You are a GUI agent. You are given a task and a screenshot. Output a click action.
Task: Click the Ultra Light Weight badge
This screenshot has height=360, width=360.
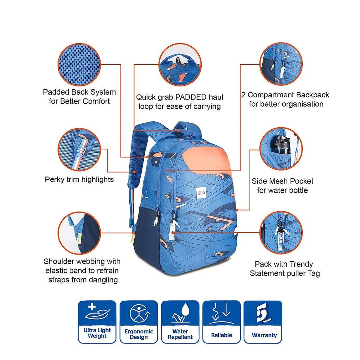pos(97,322)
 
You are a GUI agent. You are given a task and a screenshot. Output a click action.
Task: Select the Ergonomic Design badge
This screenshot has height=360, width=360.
pos(139,322)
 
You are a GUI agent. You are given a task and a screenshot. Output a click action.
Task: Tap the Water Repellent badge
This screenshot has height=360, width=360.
pos(180,322)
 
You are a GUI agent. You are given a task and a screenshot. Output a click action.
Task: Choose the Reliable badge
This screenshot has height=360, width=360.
pos(221,322)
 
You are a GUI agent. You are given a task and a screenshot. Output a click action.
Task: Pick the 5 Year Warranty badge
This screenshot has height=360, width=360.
pos(263,322)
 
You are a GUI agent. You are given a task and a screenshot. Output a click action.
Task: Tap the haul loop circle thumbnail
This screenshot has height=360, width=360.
pos(180,64)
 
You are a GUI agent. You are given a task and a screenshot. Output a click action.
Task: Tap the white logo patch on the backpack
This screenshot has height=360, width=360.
pos(201,193)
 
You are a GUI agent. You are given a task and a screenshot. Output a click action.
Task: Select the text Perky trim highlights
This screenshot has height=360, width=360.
pos(79,180)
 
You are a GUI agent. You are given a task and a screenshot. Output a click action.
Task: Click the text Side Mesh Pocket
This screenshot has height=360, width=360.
pos(282,181)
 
